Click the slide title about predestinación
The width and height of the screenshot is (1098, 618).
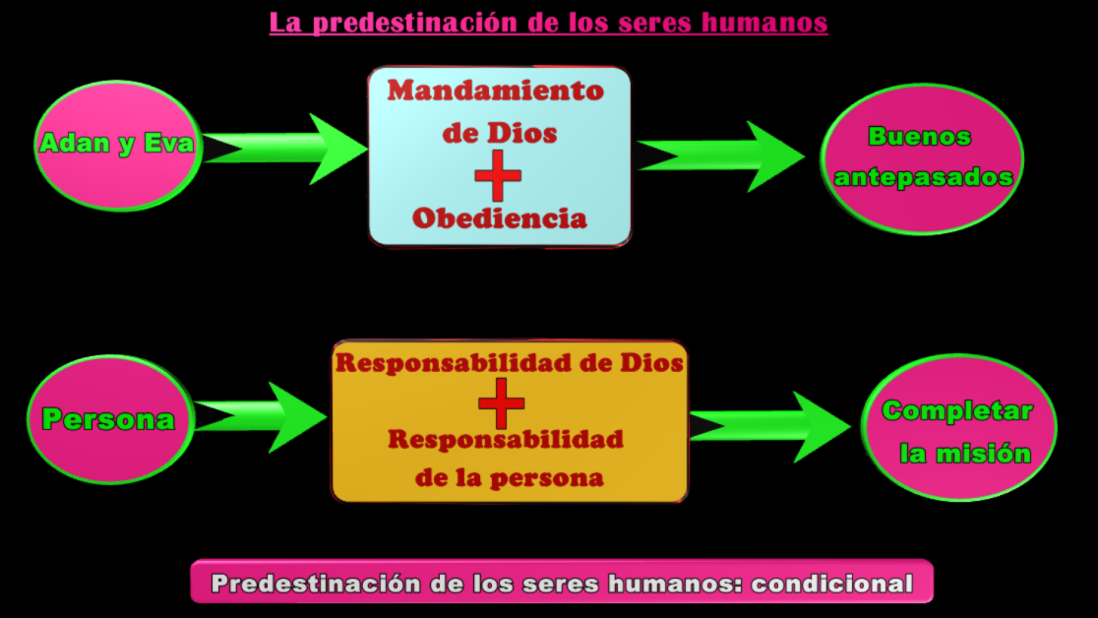click(x=548, y=23)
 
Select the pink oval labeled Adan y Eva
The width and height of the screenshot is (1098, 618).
click(x=116, y=146)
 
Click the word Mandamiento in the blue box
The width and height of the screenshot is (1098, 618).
click(x=495, y=91)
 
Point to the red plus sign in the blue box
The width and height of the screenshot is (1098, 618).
click(x=498, y=176)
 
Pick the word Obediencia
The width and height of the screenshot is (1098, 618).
click(x=499, y=217)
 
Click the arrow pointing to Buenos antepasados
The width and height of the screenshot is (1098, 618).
click(x=723, y=155)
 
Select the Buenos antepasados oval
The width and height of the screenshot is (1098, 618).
click(x=922, y=157)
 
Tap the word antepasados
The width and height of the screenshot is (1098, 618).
click(x=924, y=177)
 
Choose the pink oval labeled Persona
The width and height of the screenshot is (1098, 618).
click(x=108, y=420)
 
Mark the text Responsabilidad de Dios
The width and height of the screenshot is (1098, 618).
click(x=509, y=362)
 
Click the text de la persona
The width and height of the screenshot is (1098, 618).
click(x=509, y=479)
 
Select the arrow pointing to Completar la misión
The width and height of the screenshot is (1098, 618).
click(x=769, y=426)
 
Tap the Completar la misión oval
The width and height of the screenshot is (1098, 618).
click(x=958, y=429)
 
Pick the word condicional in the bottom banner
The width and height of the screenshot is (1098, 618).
click(x=832, y=584)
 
